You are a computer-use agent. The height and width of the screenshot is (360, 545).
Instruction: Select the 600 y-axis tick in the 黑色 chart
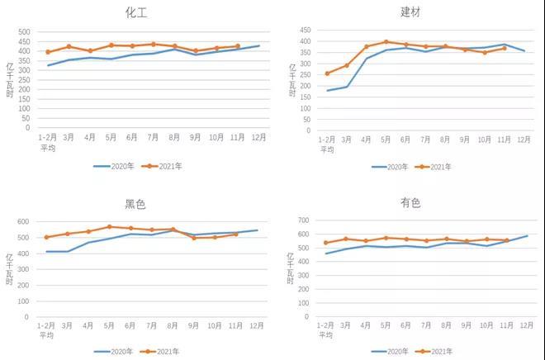(24, 223)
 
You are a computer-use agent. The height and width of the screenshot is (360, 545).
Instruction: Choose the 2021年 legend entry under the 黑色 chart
(168, 352)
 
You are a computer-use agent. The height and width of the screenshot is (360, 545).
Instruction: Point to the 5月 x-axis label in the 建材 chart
(386, 139)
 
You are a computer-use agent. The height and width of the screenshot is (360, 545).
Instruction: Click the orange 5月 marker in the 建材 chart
(386, 41)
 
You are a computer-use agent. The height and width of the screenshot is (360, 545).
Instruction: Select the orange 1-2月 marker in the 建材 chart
(327, 73)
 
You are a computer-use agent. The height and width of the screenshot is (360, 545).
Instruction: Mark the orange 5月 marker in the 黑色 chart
(109, 226)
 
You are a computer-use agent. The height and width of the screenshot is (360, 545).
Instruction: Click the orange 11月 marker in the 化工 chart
(238, 46)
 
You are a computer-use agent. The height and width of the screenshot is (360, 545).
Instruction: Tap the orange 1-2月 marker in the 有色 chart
(327, 243)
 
